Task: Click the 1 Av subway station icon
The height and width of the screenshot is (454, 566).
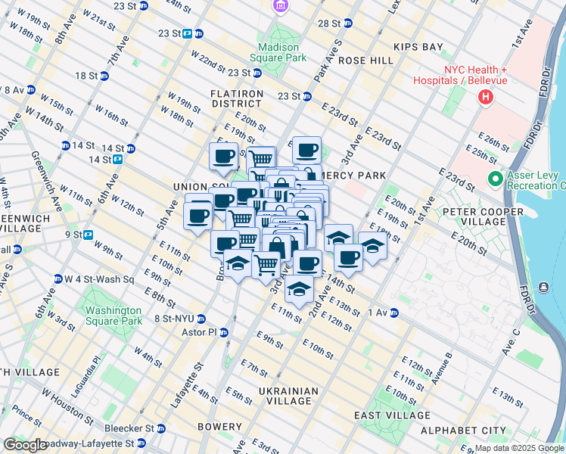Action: (394, 313)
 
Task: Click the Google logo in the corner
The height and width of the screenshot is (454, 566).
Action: (25, 445)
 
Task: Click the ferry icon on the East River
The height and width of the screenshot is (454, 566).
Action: (544, 287)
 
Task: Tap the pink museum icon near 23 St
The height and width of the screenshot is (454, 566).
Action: (281, 6)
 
